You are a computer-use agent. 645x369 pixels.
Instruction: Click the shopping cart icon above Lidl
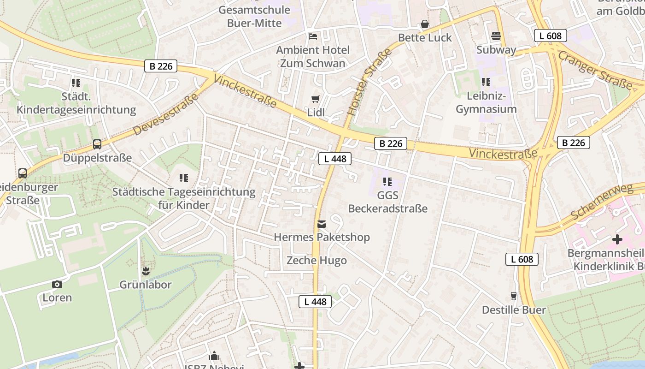(315, 99)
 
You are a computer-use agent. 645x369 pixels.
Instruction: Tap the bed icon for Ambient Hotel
(313, 36)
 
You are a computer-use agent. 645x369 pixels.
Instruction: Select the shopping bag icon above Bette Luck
(425, 24)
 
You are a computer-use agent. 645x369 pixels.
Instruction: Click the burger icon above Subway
(496, 36)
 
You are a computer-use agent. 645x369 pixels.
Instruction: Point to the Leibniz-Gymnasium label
(486, 103)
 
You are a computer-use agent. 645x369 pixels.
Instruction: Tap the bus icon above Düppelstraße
(97, 144)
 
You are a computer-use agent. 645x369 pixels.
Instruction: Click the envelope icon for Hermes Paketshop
(322, 224)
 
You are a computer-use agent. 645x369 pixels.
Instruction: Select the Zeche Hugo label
(317, 261)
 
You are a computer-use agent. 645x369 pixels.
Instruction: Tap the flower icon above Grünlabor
(146, 271)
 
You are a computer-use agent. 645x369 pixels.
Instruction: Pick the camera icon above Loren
(57, 284)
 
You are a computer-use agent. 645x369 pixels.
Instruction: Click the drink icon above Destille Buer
(514, 296)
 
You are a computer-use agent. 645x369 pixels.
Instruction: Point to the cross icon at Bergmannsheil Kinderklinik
(617, 240)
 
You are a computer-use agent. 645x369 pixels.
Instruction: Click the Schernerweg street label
(602, 202)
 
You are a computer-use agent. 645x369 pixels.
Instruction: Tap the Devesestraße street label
(166, 114)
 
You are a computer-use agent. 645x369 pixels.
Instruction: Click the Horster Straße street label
(370, 82)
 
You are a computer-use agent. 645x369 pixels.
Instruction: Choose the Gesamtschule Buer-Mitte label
(254, 16)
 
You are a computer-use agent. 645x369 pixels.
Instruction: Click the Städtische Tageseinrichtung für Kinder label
(183, 198)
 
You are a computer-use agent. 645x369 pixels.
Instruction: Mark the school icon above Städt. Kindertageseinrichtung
(76, 83)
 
